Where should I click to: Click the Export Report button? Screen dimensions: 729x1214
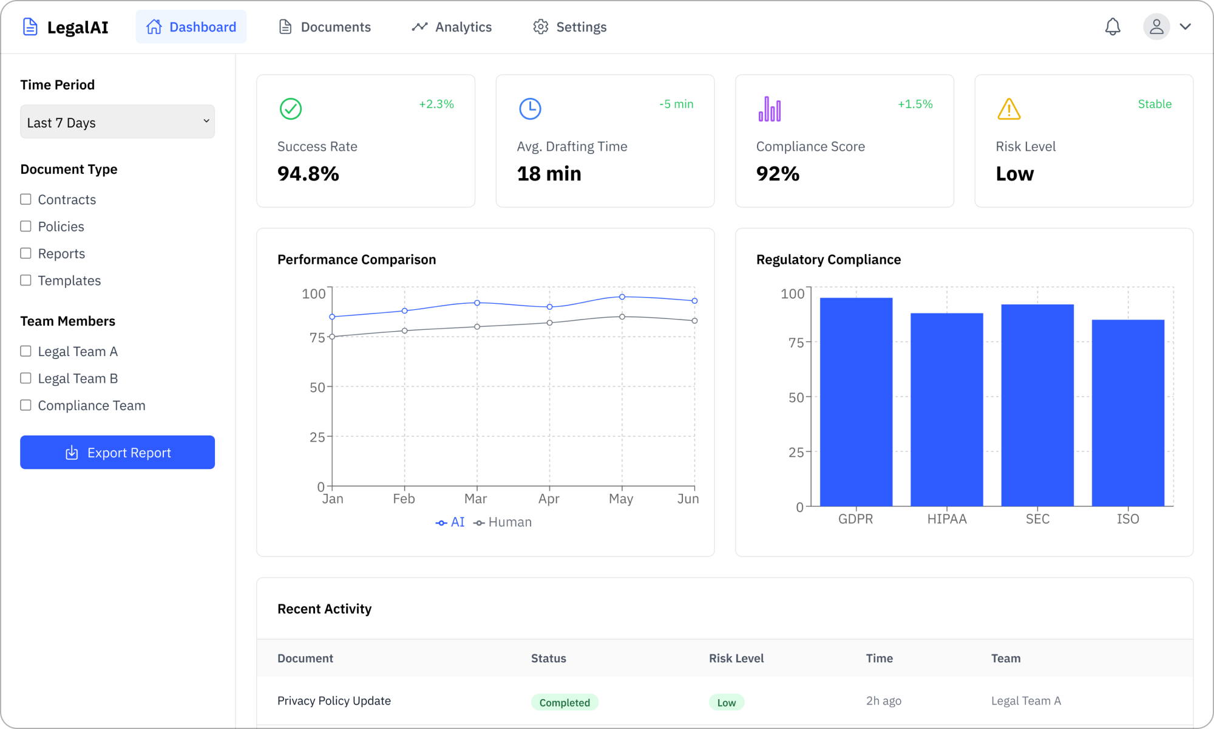pos(117,452)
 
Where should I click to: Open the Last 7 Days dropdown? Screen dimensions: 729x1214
pos(117,122)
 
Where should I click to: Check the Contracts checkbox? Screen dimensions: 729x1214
pos(25,199)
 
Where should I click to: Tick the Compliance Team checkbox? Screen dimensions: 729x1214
pos(25,405)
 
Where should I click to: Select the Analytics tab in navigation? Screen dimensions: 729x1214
pos(452,27)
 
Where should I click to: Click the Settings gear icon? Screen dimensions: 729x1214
pos(540,27)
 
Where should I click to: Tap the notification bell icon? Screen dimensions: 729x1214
pos(1112,27)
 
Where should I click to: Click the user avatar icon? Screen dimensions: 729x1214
pos(1156,27)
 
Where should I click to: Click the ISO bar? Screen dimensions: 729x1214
pos(1128,412)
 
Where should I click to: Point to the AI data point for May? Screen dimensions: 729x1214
pos(622,297)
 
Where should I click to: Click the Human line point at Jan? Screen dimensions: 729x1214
pos(332,337)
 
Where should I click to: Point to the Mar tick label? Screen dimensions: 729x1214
pos(476,499)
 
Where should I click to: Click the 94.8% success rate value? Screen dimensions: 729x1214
pos(308,174)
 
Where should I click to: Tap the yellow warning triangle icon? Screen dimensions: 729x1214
pos(1009,109)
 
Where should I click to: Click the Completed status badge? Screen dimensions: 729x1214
pos(565,702)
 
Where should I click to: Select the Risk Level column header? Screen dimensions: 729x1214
pos(736,659)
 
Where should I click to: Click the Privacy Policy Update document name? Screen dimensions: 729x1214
pos(334,701)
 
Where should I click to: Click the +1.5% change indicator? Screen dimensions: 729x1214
pos(915,104)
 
